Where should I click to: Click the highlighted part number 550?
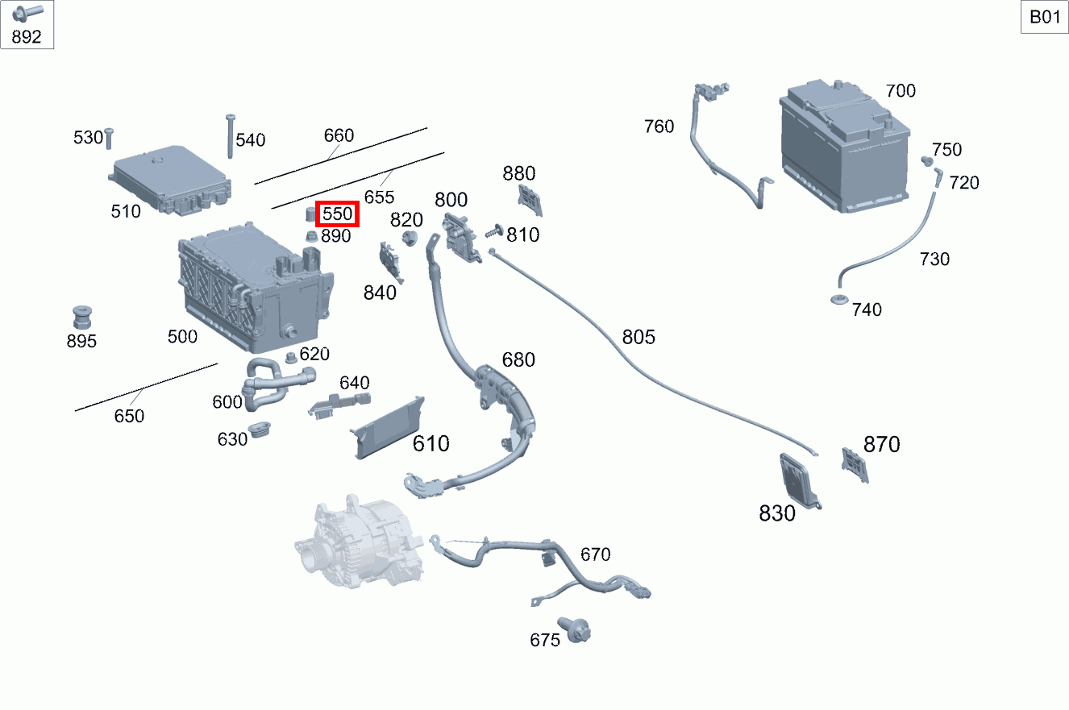(337, 214)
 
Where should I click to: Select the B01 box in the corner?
(1045, 17)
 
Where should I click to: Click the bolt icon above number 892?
(27, 12)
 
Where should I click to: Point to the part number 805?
(638, 337)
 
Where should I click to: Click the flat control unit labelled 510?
(172, 181)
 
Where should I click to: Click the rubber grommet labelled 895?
(81, 318)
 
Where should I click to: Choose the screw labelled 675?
(577, 630)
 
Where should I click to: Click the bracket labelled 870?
(855, 465)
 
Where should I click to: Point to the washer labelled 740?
(838, 301)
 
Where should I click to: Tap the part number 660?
(339, 135)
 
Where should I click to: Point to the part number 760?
(659, 127)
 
